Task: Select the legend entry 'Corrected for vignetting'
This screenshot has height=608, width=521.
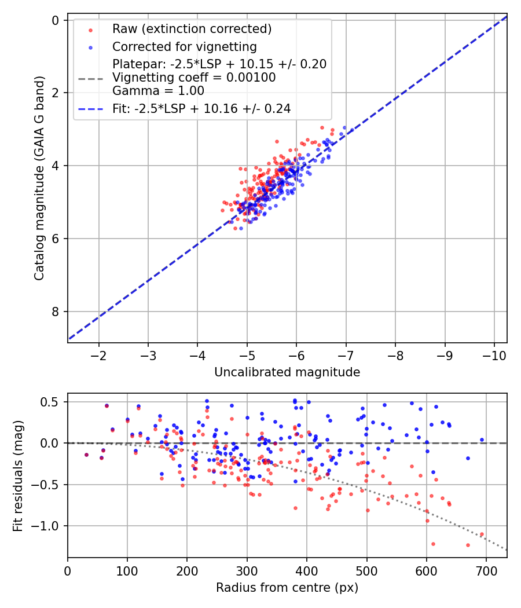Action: click(x=184, y=46)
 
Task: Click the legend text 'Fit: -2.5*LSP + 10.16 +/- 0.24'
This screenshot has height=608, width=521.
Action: click(x=201, y=108)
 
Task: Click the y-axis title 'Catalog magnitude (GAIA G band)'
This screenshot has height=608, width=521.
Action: click(x=39, y=178)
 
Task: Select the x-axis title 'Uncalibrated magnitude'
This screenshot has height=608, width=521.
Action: click(x=287, y=372)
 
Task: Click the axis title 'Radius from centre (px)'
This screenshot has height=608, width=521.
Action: click(x=287, y=588)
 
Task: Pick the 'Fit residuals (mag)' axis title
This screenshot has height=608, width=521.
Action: click(x=18, y=475)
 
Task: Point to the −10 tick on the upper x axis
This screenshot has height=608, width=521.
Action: click(x=494, y=354)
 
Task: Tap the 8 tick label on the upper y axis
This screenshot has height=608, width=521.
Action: click(x=56, y=312)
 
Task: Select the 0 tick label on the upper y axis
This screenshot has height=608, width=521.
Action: click(x=56, y=20)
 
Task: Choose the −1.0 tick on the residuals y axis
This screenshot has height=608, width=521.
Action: click(x=50, y=526)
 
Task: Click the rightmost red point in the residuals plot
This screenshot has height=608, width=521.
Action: click(x=482, y=534)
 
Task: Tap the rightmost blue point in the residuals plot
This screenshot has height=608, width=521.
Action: click(x=482, y=439)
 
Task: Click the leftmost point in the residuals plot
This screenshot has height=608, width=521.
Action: click(x=86, y=455)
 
